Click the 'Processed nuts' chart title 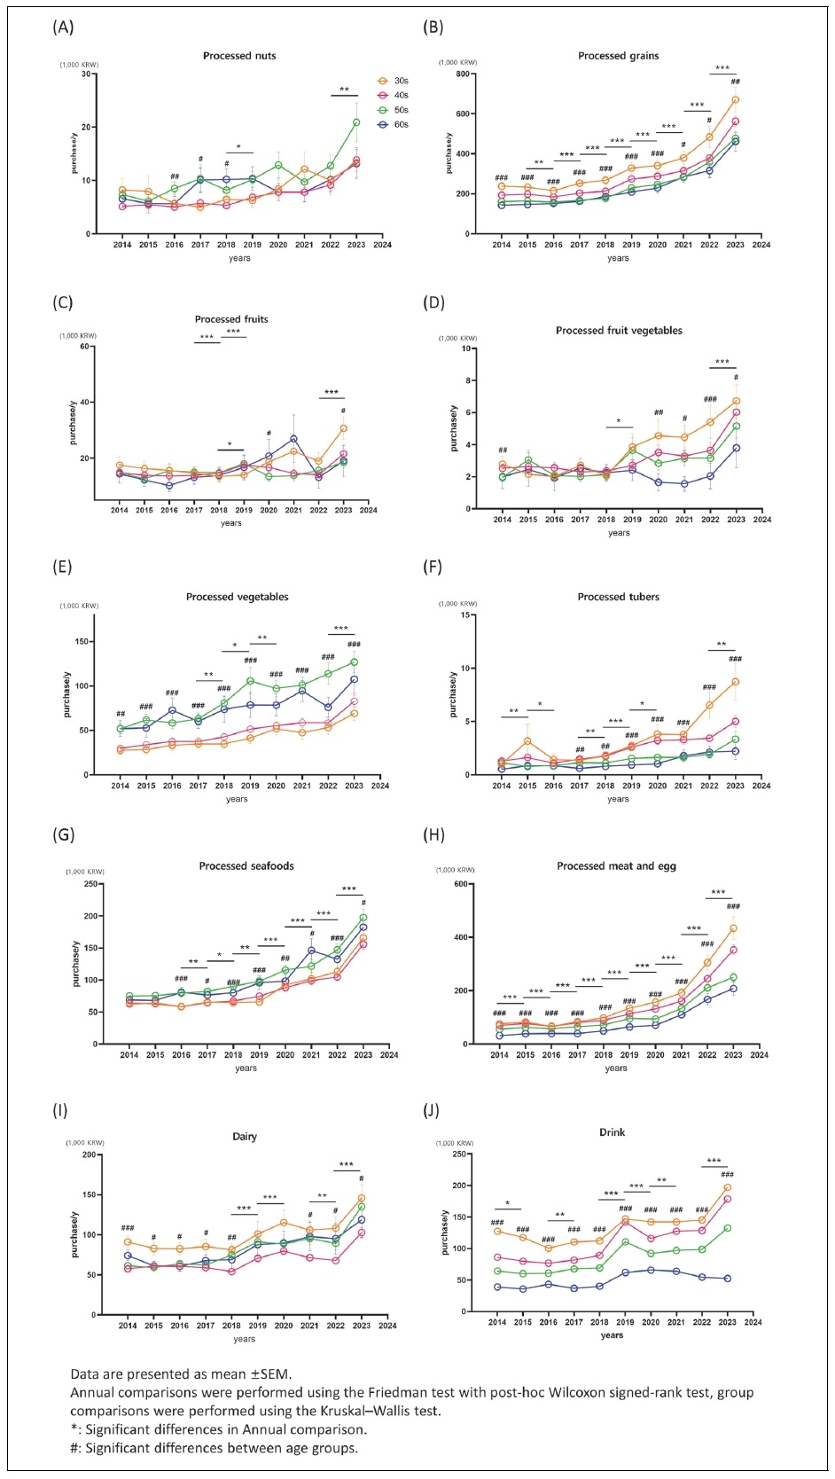pos(239,56)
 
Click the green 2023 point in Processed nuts pos(356,122)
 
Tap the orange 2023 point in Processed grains pos(736,99)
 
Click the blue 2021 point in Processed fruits pos(293,439)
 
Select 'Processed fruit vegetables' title pos(619,331)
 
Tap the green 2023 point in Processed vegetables pos(354,662)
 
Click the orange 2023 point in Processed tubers pos(736,682)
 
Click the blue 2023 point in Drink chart pos(728,1279)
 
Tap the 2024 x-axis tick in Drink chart pos(753,1322)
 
